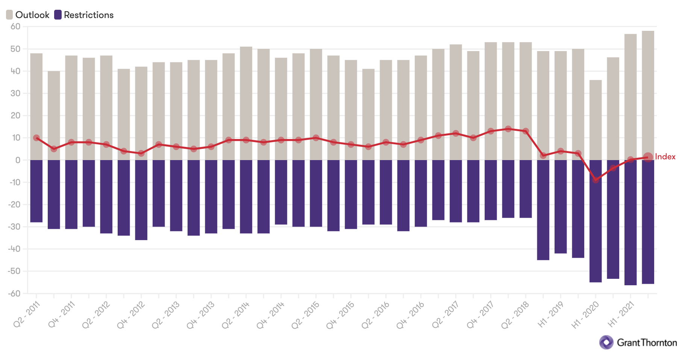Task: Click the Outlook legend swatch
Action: (9, 15)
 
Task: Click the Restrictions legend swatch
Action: (58, 15)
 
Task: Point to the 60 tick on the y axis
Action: (15, 27)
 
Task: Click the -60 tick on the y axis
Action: (14, 293)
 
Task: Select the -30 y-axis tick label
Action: (14, 227)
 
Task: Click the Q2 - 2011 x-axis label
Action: (26, 315)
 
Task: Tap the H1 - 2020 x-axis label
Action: (585, 315)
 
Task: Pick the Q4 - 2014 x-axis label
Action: (270, 315)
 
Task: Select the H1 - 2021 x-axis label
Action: (621, 315)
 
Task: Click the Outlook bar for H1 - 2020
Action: (596, 120)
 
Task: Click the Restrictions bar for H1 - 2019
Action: (561, 207)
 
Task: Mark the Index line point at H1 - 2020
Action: (596, 180)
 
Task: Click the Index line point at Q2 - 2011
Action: (36, 138)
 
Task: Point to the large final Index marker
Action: (648, 157)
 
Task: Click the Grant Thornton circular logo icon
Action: (606, 342)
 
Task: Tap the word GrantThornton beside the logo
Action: (647, 343)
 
